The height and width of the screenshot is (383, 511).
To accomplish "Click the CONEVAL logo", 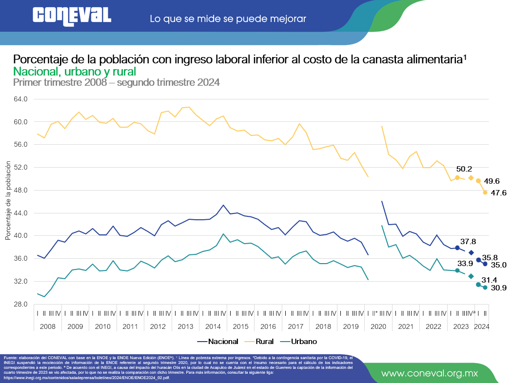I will (x=71, y=16).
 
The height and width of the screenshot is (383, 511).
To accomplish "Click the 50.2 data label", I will (x=464, y=169).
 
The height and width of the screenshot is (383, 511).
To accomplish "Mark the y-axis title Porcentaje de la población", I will (x=8, y=201).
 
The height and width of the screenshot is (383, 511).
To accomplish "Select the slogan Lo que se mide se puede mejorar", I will (x=228, y=19).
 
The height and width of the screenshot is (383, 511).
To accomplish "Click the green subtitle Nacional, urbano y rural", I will (x=68, y=71).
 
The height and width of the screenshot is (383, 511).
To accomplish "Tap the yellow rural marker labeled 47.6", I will (x=485, y=192).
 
